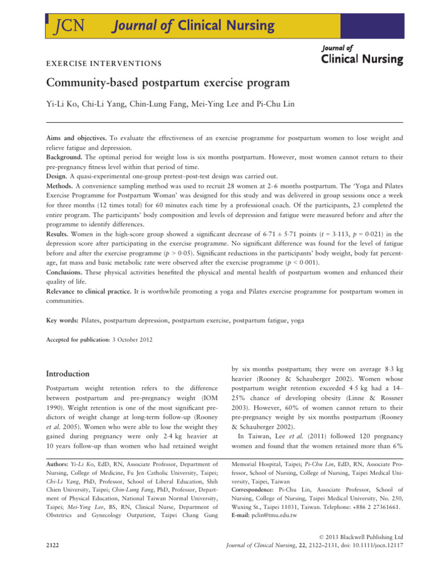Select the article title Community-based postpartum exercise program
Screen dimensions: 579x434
coord(167,83)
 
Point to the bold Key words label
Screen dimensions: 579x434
coord(61,321)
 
